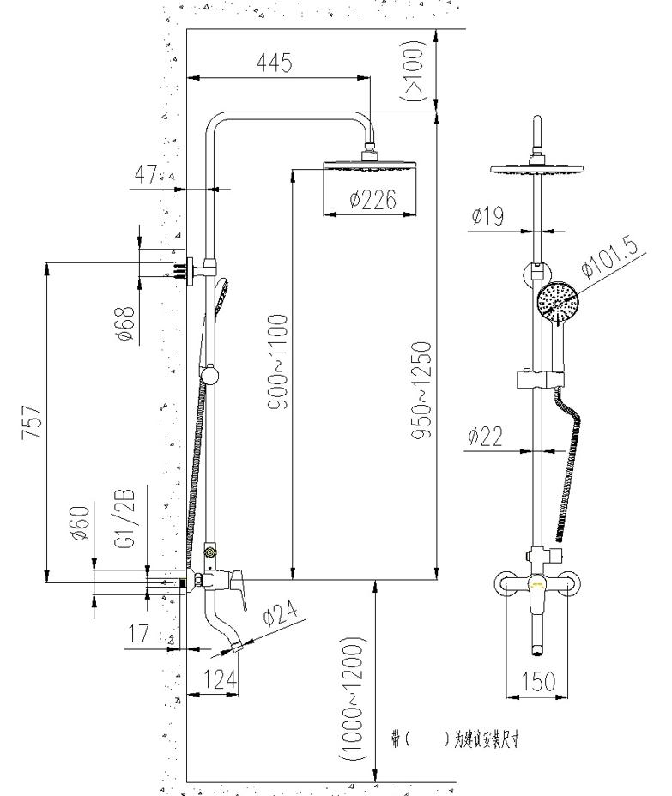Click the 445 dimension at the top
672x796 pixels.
[275, 63]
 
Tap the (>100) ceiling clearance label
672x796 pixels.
[415, 71]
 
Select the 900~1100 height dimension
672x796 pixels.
[277, 361]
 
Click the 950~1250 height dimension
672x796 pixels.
[421, 392]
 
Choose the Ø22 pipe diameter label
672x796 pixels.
[486, 437]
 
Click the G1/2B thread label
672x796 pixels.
[124, 518]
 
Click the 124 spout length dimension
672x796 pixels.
[220, 679]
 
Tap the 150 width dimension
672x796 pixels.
[538, 681]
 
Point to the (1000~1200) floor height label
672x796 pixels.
[353, 699]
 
